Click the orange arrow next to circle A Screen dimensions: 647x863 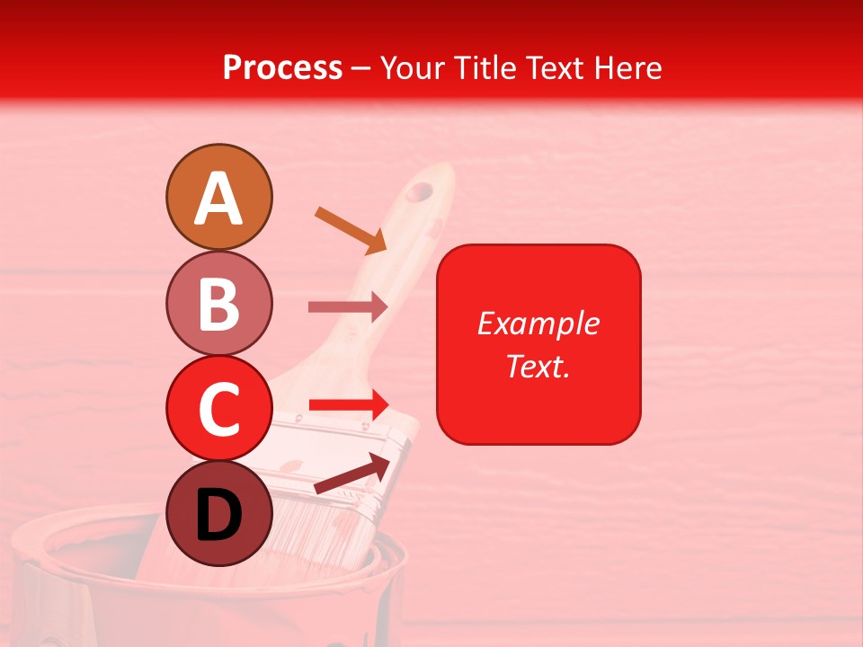[x=351, y=229]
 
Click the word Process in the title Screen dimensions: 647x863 [x=282, y=67]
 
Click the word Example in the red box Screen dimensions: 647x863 [x=538, y=323]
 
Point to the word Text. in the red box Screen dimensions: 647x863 [x=538, y=366]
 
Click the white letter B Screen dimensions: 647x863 [x=218, y=304]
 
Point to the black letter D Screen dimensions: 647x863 [x=218, y=516]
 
